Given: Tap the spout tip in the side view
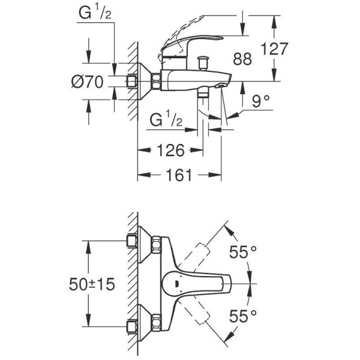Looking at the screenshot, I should pyautogui.click(x=225, y=84).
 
